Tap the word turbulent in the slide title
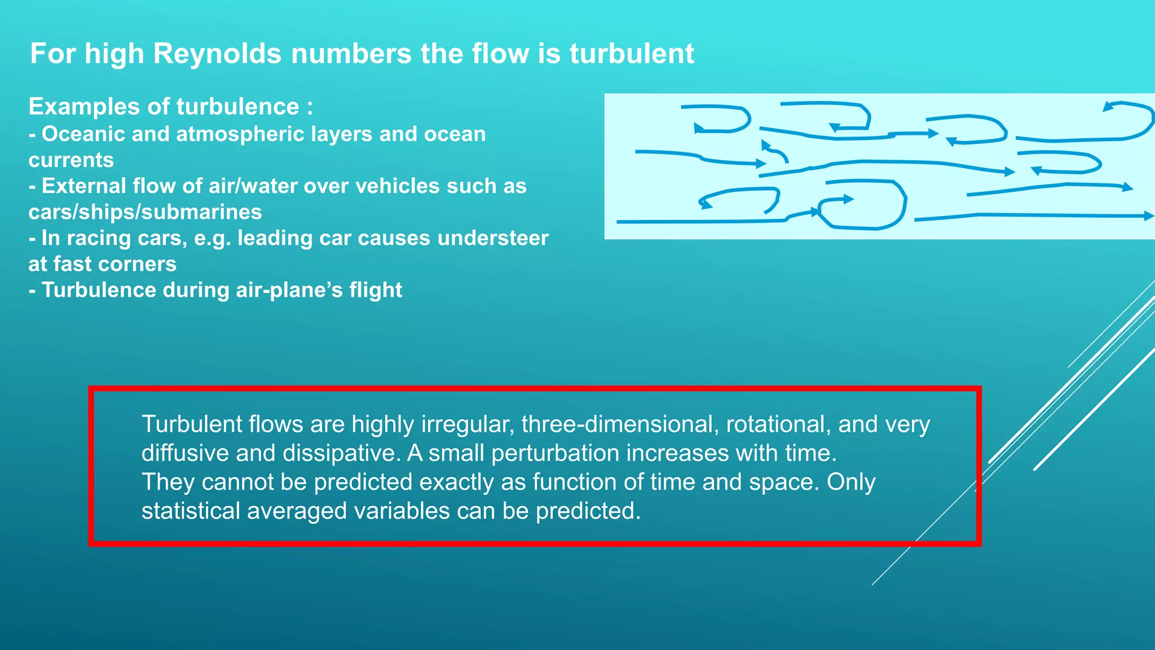[x=631, y=54]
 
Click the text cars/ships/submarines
[x=145, y=212]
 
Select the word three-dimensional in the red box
[x=620, y=424]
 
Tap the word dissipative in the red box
[x=341, y=453]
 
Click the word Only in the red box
[x=851, y=482]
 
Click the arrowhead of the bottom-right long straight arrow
[x=1148, y=216]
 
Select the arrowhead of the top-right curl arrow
[x=1108, y=106]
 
